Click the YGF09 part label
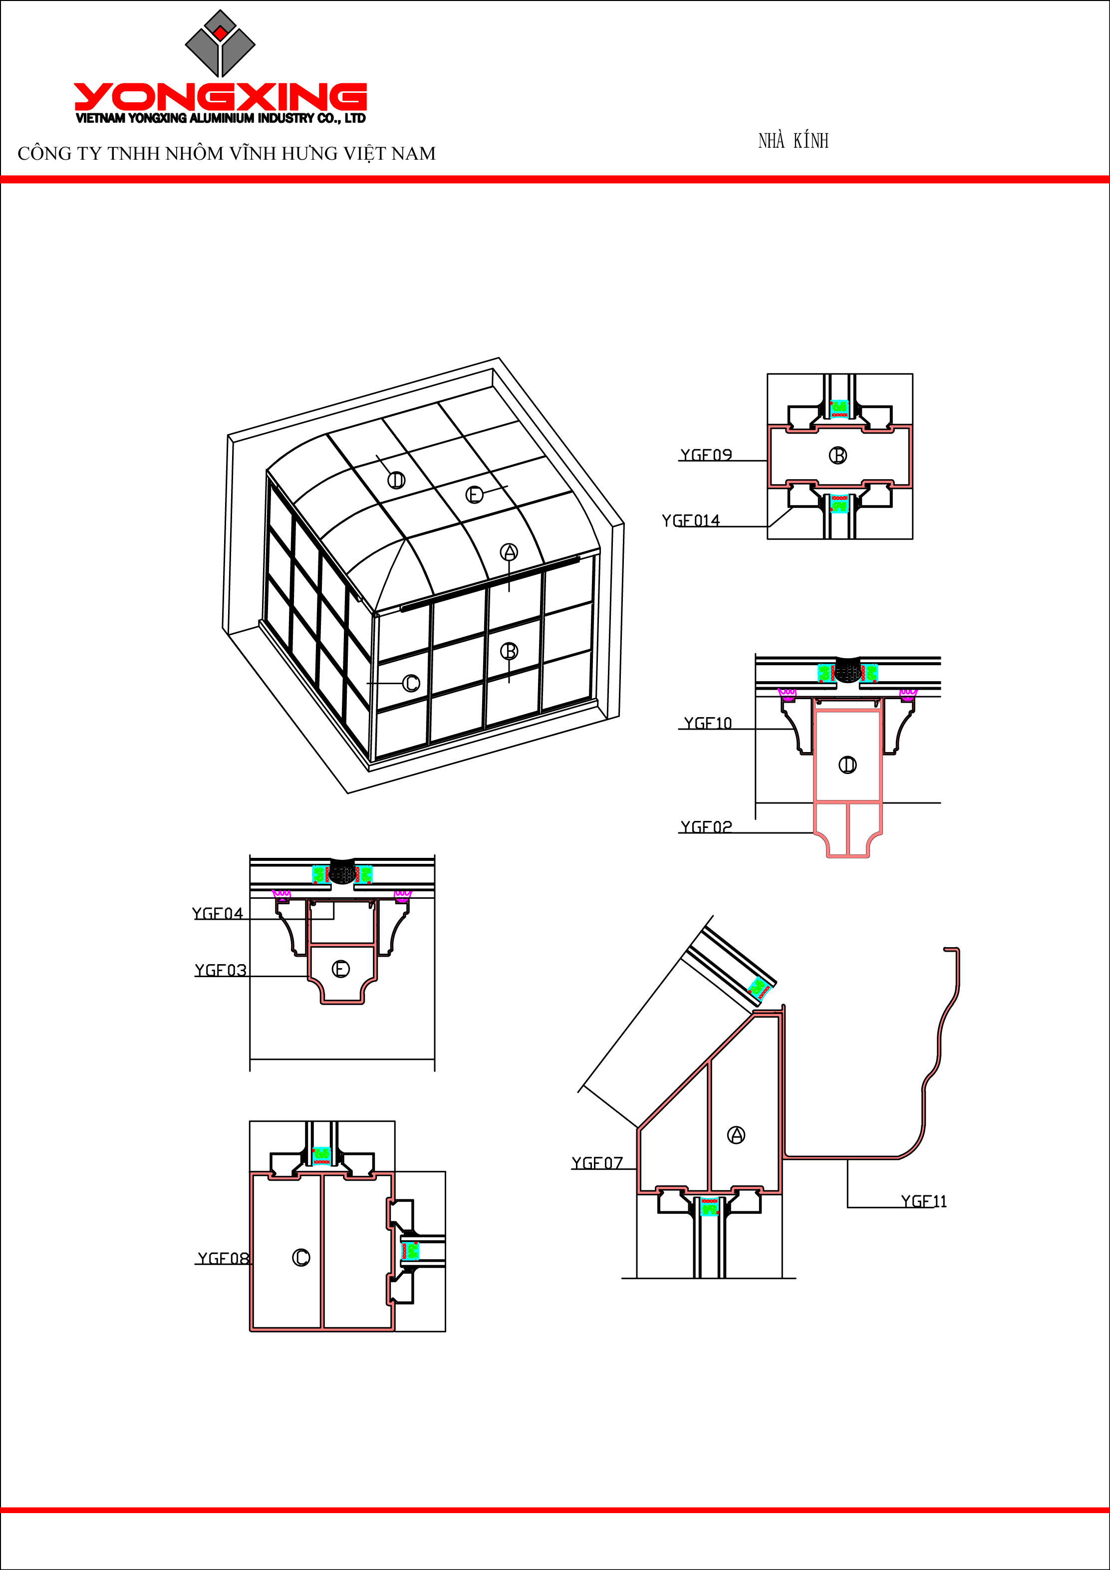click(x=706, y=455)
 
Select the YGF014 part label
click(x=691, y=521)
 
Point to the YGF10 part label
click(x=708, y=724)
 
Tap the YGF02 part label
click(x=706, y=827)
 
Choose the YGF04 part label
click(x=218, y=914)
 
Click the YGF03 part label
click(x=220, y=970)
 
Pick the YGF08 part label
click(x=223, y=1258)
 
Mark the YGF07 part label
click(x=597, y=1163)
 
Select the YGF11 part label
click(x=923, y=1201)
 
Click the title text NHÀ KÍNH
click(x=794, y=141)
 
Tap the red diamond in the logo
click(x=220, y=33)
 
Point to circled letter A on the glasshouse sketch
click(x=509, y=552)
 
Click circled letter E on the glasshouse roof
click(x=474, y=495)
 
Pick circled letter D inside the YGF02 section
click(x=847, y=765)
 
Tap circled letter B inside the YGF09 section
click(x=838, y=456)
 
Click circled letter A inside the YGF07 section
click(x=736, y=1135)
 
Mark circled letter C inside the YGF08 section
click(x=301, y=1258)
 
